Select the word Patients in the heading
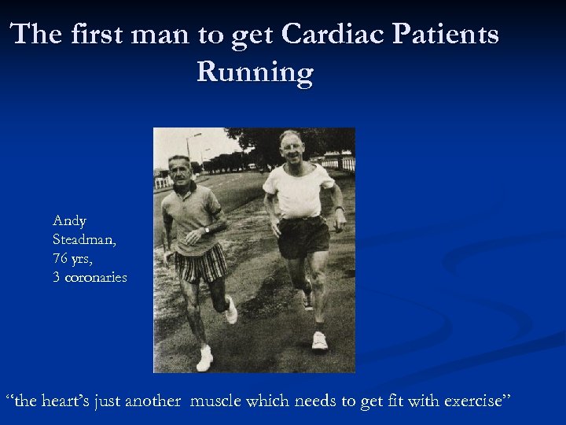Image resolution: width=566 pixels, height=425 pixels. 444,35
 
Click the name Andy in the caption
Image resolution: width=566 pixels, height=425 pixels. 69,221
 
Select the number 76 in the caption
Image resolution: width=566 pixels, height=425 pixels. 61,258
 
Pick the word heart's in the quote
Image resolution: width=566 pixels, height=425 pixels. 64,401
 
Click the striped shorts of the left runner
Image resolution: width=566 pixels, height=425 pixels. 200,265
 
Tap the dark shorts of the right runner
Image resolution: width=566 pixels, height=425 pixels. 303,236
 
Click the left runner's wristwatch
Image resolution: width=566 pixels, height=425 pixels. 206,230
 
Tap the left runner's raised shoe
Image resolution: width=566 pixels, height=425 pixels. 230,310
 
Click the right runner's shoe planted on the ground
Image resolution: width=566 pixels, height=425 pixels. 319,341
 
